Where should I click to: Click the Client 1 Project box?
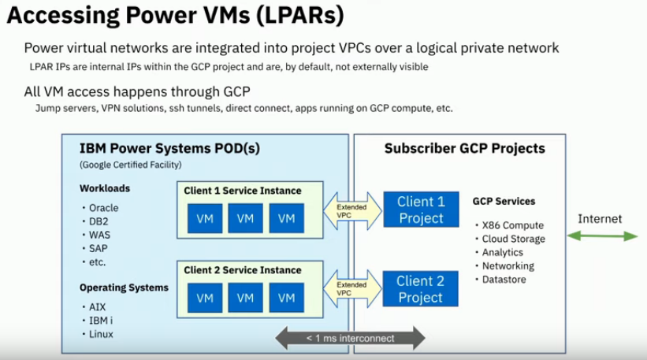421,210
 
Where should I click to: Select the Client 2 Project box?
421,289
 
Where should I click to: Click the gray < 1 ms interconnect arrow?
350,338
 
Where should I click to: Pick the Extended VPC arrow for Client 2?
351,289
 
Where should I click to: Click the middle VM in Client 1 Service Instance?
245,218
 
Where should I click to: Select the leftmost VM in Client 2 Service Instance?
205,298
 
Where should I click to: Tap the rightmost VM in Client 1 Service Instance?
286,218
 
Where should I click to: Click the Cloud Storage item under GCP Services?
512,239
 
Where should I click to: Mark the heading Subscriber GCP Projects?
464,148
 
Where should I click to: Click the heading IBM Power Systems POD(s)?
169,148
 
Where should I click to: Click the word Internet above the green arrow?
600,218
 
